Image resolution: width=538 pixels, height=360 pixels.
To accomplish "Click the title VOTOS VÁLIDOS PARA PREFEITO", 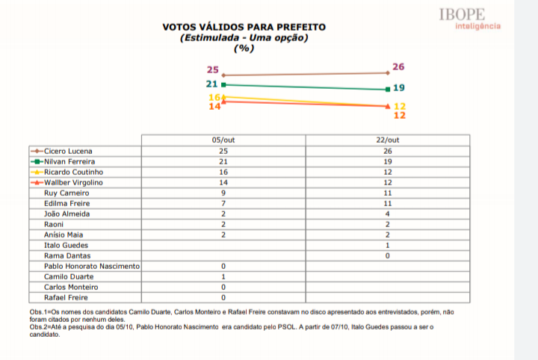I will coord(244,28).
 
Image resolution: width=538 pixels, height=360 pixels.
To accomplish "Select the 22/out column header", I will coord(388,140).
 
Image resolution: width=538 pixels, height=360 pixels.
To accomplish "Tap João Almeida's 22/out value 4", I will coord(388,213).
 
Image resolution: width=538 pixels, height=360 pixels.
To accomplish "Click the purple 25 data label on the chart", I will coord(212,69).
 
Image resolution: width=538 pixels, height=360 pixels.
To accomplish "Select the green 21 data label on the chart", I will coord(211,84).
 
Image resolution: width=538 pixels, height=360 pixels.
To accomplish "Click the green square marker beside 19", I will coord(387,89).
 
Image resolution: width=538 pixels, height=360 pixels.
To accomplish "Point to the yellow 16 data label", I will coord(214,97).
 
